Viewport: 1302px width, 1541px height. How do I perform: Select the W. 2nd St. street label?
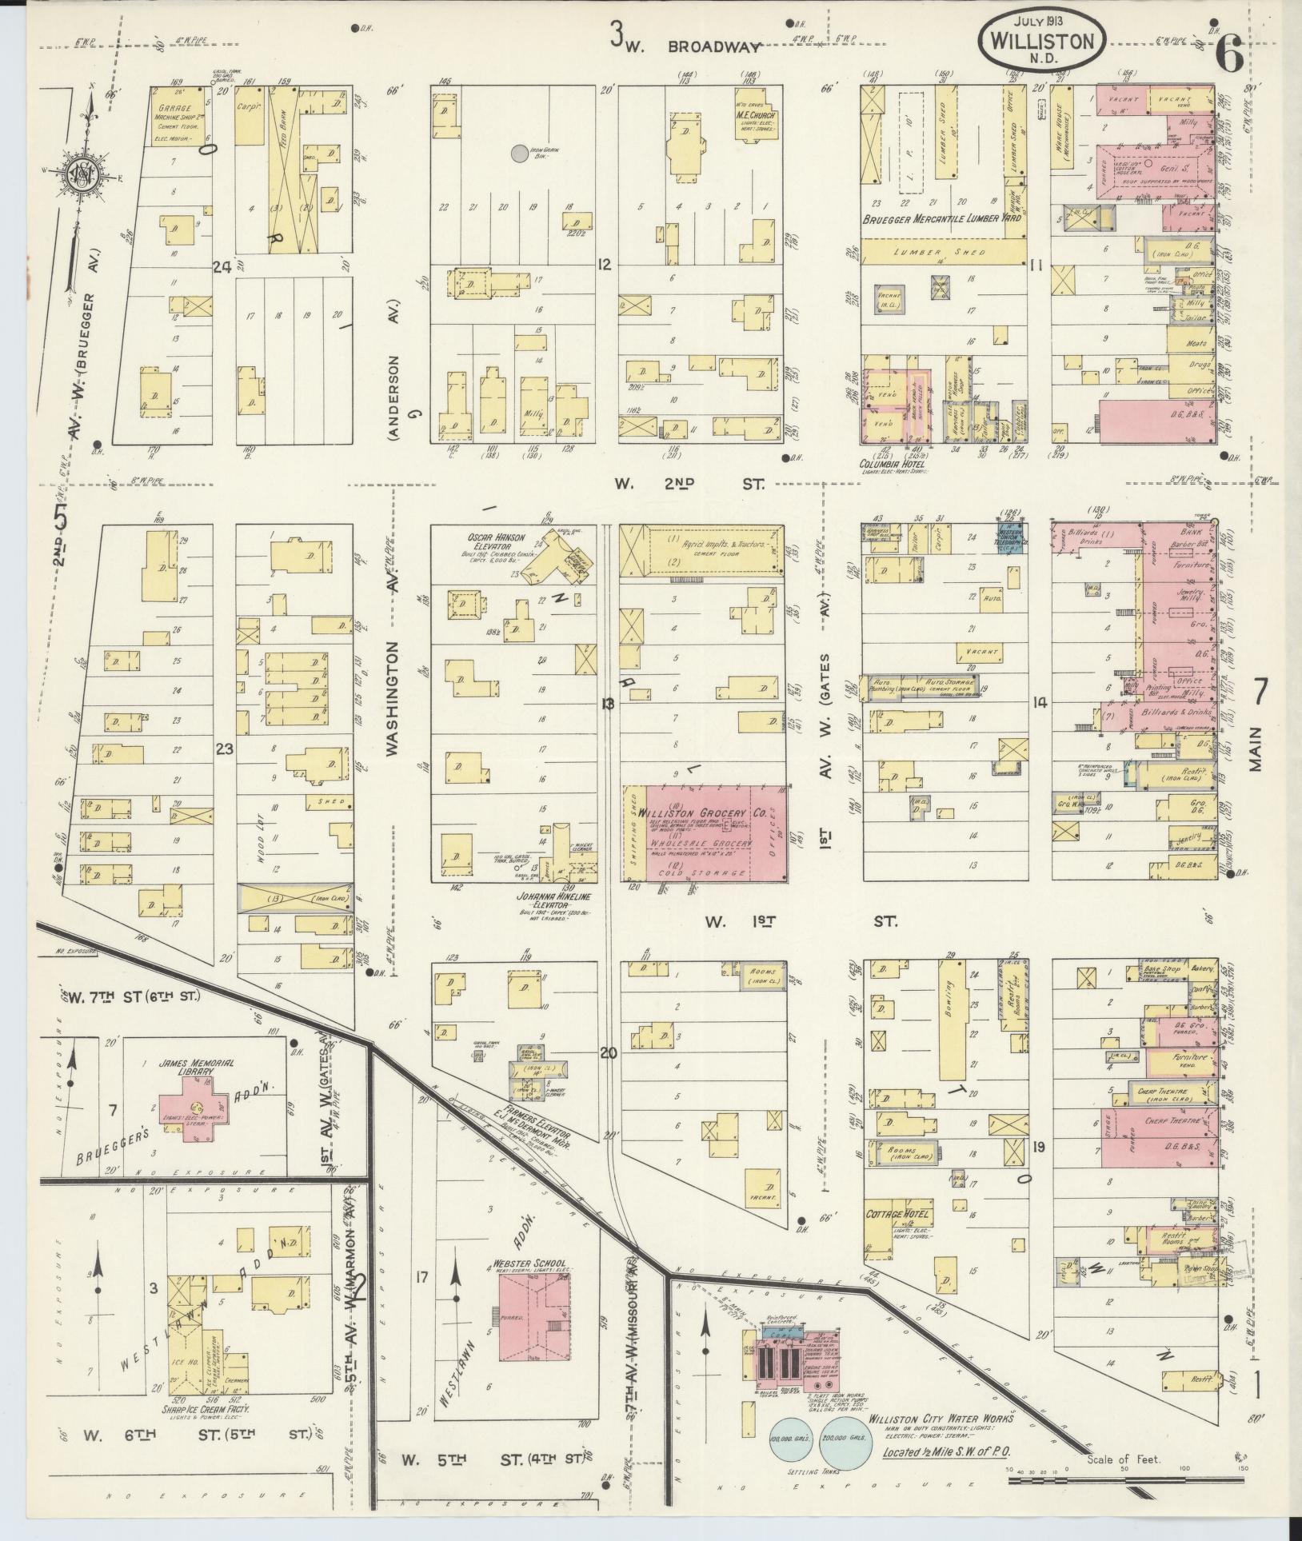coord(689,484)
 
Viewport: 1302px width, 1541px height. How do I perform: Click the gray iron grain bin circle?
coord(520,152)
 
